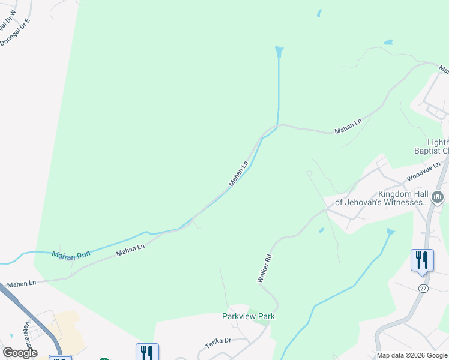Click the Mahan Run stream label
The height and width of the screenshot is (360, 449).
coord(71,255)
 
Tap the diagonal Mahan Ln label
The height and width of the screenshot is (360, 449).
coord(238,173)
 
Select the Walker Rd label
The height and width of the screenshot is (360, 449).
coord(265,268)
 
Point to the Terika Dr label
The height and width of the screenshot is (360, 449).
coord(218,341)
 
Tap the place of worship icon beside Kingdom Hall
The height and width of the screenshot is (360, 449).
coord(438,197)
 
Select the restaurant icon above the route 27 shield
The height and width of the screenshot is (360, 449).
coord(422,260)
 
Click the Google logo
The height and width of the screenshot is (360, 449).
coord(20,353)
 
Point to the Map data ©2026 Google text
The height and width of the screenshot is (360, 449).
coord(412,356)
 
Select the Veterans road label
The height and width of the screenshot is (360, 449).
coord(27,334)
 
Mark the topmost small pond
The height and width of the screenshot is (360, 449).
coord(319,13)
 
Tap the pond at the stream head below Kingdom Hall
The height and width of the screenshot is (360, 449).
coord(391,232)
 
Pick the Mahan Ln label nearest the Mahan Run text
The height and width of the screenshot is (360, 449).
coord(131,249)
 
